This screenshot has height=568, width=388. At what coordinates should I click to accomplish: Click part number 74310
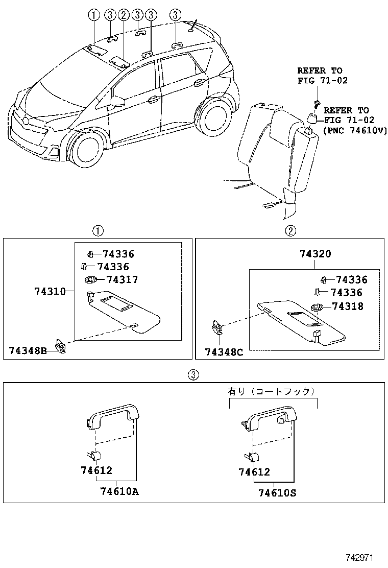(50, 292)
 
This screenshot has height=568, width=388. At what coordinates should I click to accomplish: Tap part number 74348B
(28, 350)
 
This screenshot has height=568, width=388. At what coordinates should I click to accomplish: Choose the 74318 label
(348, 306)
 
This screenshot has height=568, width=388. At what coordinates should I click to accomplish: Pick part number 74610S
(277, 493)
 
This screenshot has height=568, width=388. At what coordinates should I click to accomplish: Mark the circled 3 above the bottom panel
(193, 374)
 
